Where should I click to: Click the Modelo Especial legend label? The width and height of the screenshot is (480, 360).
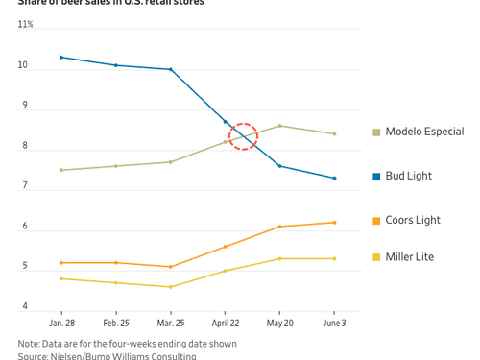[x=423, y=132]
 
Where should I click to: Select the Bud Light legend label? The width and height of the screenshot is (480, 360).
[x=408, y=176]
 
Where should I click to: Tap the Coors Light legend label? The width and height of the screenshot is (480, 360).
[x=412, y=220]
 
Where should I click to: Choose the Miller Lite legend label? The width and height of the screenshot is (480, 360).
[x=410, y=257]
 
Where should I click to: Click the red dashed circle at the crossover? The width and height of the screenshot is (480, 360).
[x=243, y=137]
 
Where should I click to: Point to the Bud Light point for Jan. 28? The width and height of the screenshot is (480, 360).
[x=61, y=58]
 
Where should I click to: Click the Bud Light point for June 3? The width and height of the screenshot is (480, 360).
[x=334, y=179]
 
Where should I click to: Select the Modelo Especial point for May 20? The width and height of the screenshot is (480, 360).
[x=279, y=126]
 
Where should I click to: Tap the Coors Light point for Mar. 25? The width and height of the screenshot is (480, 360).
[x=171, y=267]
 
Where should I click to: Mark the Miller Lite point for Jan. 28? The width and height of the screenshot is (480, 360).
[x=61, y=278]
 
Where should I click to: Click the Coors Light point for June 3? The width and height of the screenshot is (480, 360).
[x=334, y=223]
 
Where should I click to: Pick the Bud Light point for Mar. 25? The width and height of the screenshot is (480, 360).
[x=171, y=69]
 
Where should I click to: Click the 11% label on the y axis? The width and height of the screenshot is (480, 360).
[x=25, y=24]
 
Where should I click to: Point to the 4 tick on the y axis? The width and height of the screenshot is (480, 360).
[x=25, y=306]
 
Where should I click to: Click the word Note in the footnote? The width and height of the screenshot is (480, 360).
[x=29, y=343]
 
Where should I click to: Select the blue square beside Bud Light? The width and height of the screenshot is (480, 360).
[x=377, y=177]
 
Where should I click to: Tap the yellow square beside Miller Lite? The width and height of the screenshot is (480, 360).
[x=377, y=257]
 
